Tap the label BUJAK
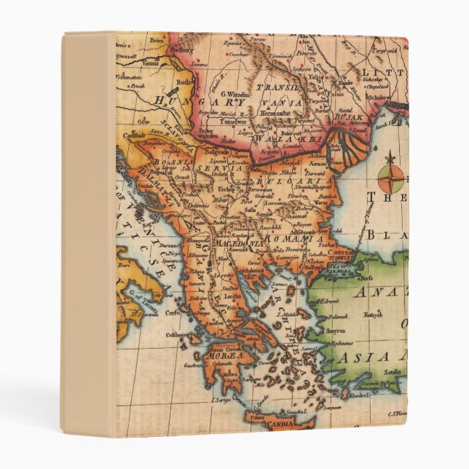[x=343, y=115]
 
